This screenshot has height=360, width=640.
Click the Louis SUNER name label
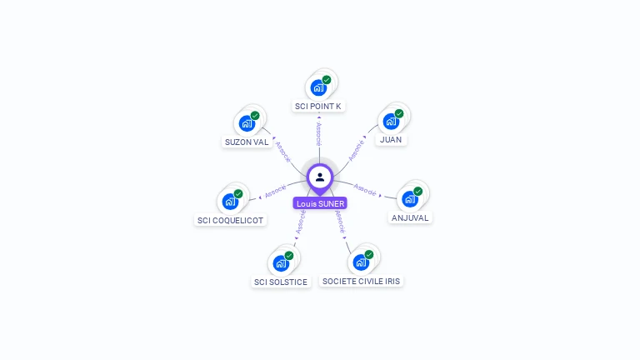click(x=320, y=203)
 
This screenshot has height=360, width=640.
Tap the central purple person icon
click(x=320, y=177)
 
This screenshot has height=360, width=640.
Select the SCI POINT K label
click(x=318, y=106)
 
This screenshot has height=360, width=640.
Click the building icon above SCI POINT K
click(x=317, y=87)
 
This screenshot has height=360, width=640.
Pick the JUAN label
click(x=390, y=139)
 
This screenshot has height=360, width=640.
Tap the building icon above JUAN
click(x=390, y=121)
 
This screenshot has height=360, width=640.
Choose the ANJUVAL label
click(x=410, y=217)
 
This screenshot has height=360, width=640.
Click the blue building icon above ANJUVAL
click(x=409, y=199)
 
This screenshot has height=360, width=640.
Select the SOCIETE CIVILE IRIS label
click(x=362, y=282)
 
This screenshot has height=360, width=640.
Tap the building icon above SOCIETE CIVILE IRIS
click(x=361, y=262)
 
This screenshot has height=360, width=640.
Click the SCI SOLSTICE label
click(x=281, y=282)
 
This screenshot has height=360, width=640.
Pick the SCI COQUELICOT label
click(x=230, y=221)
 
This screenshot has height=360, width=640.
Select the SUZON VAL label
click(x=247, y=142)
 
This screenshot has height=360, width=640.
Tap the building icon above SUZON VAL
click(x=246, y=123)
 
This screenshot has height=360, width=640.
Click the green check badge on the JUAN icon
click(x=399, y=113)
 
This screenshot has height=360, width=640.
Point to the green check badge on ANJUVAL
click(x=418, y=192)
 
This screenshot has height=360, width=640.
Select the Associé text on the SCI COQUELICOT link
click(x=275, y=191)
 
